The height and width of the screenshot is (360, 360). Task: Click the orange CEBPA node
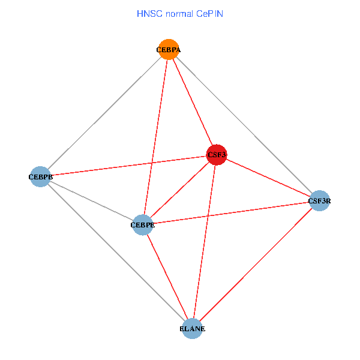tap(169, 50)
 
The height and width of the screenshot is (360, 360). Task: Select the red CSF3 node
tap(216, 155)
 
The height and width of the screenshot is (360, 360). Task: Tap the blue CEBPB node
tap(40, 177)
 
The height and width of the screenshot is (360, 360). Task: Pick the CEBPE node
tap(142, 225)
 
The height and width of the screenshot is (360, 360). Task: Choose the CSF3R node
tap(319, 201)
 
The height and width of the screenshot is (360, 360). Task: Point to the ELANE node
tap(192, 329)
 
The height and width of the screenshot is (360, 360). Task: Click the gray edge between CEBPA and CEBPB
tap(105, 113)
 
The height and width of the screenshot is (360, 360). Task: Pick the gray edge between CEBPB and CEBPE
tap(91, 201)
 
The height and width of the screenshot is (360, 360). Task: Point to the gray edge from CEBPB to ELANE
tap(116, 253)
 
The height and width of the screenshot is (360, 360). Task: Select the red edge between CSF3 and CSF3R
tap(268, 178)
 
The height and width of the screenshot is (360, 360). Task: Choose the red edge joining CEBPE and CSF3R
tap(231, 213)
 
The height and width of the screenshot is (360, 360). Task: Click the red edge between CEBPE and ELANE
tap(167, 277)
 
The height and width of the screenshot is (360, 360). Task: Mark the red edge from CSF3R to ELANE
tap(256, 265)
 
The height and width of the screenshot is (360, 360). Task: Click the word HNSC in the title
tap(148, 13)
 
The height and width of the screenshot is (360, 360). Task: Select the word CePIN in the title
tap(209, 13)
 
